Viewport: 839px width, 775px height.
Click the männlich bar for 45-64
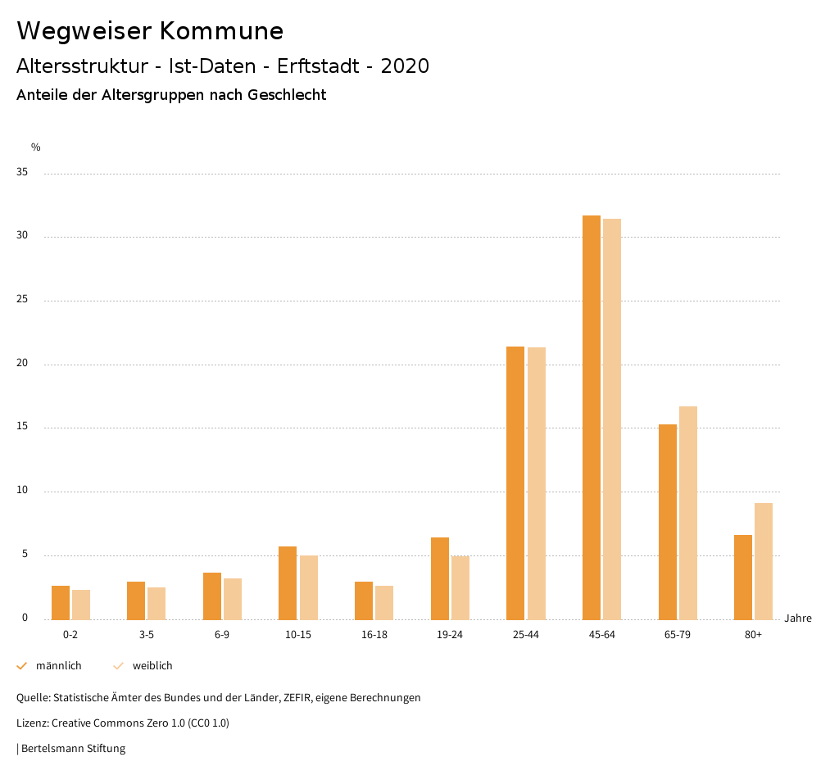click(x=592, y=418)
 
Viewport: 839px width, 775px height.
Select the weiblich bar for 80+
click(x=764, y=561)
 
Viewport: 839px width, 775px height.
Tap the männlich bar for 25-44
click(x=515, y=483)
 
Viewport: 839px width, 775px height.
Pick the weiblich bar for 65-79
click(x=688, y=513)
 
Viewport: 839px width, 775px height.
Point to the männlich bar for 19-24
click(x=440, y=578)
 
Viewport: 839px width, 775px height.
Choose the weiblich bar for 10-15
click(x=308, y=587)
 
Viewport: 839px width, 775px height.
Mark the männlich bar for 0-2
click(x=61, y=602)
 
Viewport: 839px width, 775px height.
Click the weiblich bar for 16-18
click(x=384, y=602)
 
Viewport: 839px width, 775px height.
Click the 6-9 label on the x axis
click(x=222, y=635)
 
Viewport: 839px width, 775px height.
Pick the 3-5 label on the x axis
click(x=147, y=635)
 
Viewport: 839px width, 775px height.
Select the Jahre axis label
click(x=798, y=619)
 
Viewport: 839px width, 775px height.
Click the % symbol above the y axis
click(x=36, y=147)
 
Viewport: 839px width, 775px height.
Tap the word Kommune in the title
click(x=221, y=31)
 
